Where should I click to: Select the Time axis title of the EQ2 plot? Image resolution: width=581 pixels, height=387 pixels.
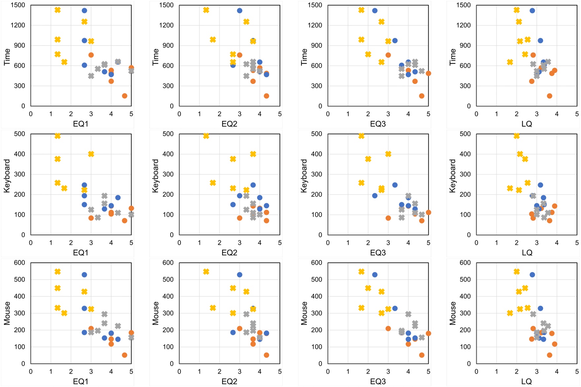pyautogui.click(x=155, y=57)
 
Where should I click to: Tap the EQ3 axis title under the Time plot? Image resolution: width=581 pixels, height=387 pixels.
pyautogui.click(x=377, y=124)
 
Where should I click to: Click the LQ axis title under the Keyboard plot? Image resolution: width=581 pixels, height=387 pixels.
pyautogui.click(x=527, y=253)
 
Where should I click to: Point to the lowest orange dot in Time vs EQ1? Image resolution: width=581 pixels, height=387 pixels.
pyautogui.click(x=125, y=96)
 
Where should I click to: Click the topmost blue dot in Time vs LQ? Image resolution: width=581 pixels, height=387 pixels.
pyautogui.click(x=532, y=11)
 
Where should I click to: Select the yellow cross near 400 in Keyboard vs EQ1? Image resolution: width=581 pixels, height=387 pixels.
pyautogui.click(x=91, y=154)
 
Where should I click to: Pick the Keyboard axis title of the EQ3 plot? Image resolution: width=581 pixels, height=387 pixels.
pyautogui.click(x=304, y=176)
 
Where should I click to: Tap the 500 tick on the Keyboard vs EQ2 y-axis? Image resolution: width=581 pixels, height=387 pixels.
pyautogui.click(x=168, y=134)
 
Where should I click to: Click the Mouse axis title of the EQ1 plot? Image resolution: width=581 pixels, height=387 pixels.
pyautogui.click(x=7, y=313)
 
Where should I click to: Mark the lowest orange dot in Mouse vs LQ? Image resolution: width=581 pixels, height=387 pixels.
pyautogui.click(x=550, y=355)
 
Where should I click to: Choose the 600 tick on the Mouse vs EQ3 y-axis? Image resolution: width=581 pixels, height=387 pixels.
pyautogui.click(x=316, y=263)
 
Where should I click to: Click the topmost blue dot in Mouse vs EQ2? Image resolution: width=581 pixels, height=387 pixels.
pyautogui.click(x=240, y=275)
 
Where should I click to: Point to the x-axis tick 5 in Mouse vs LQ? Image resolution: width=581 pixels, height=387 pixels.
pyautogui.click(x=577, y=371)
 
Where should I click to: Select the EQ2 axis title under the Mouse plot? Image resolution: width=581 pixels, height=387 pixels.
pyautogui.click(x=229, y=381)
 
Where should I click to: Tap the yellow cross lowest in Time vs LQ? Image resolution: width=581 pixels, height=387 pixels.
pyautogui.click(x=510, y=62)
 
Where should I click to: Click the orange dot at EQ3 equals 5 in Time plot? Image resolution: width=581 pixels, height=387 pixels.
pyautogui.click(x=428, y=73)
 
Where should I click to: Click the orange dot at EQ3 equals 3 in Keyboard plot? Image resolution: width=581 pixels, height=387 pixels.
pyautogui.click(x=388, y=218)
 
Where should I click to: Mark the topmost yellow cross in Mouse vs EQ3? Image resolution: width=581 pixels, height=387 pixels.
pyautogui.click(x=362, y=271)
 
